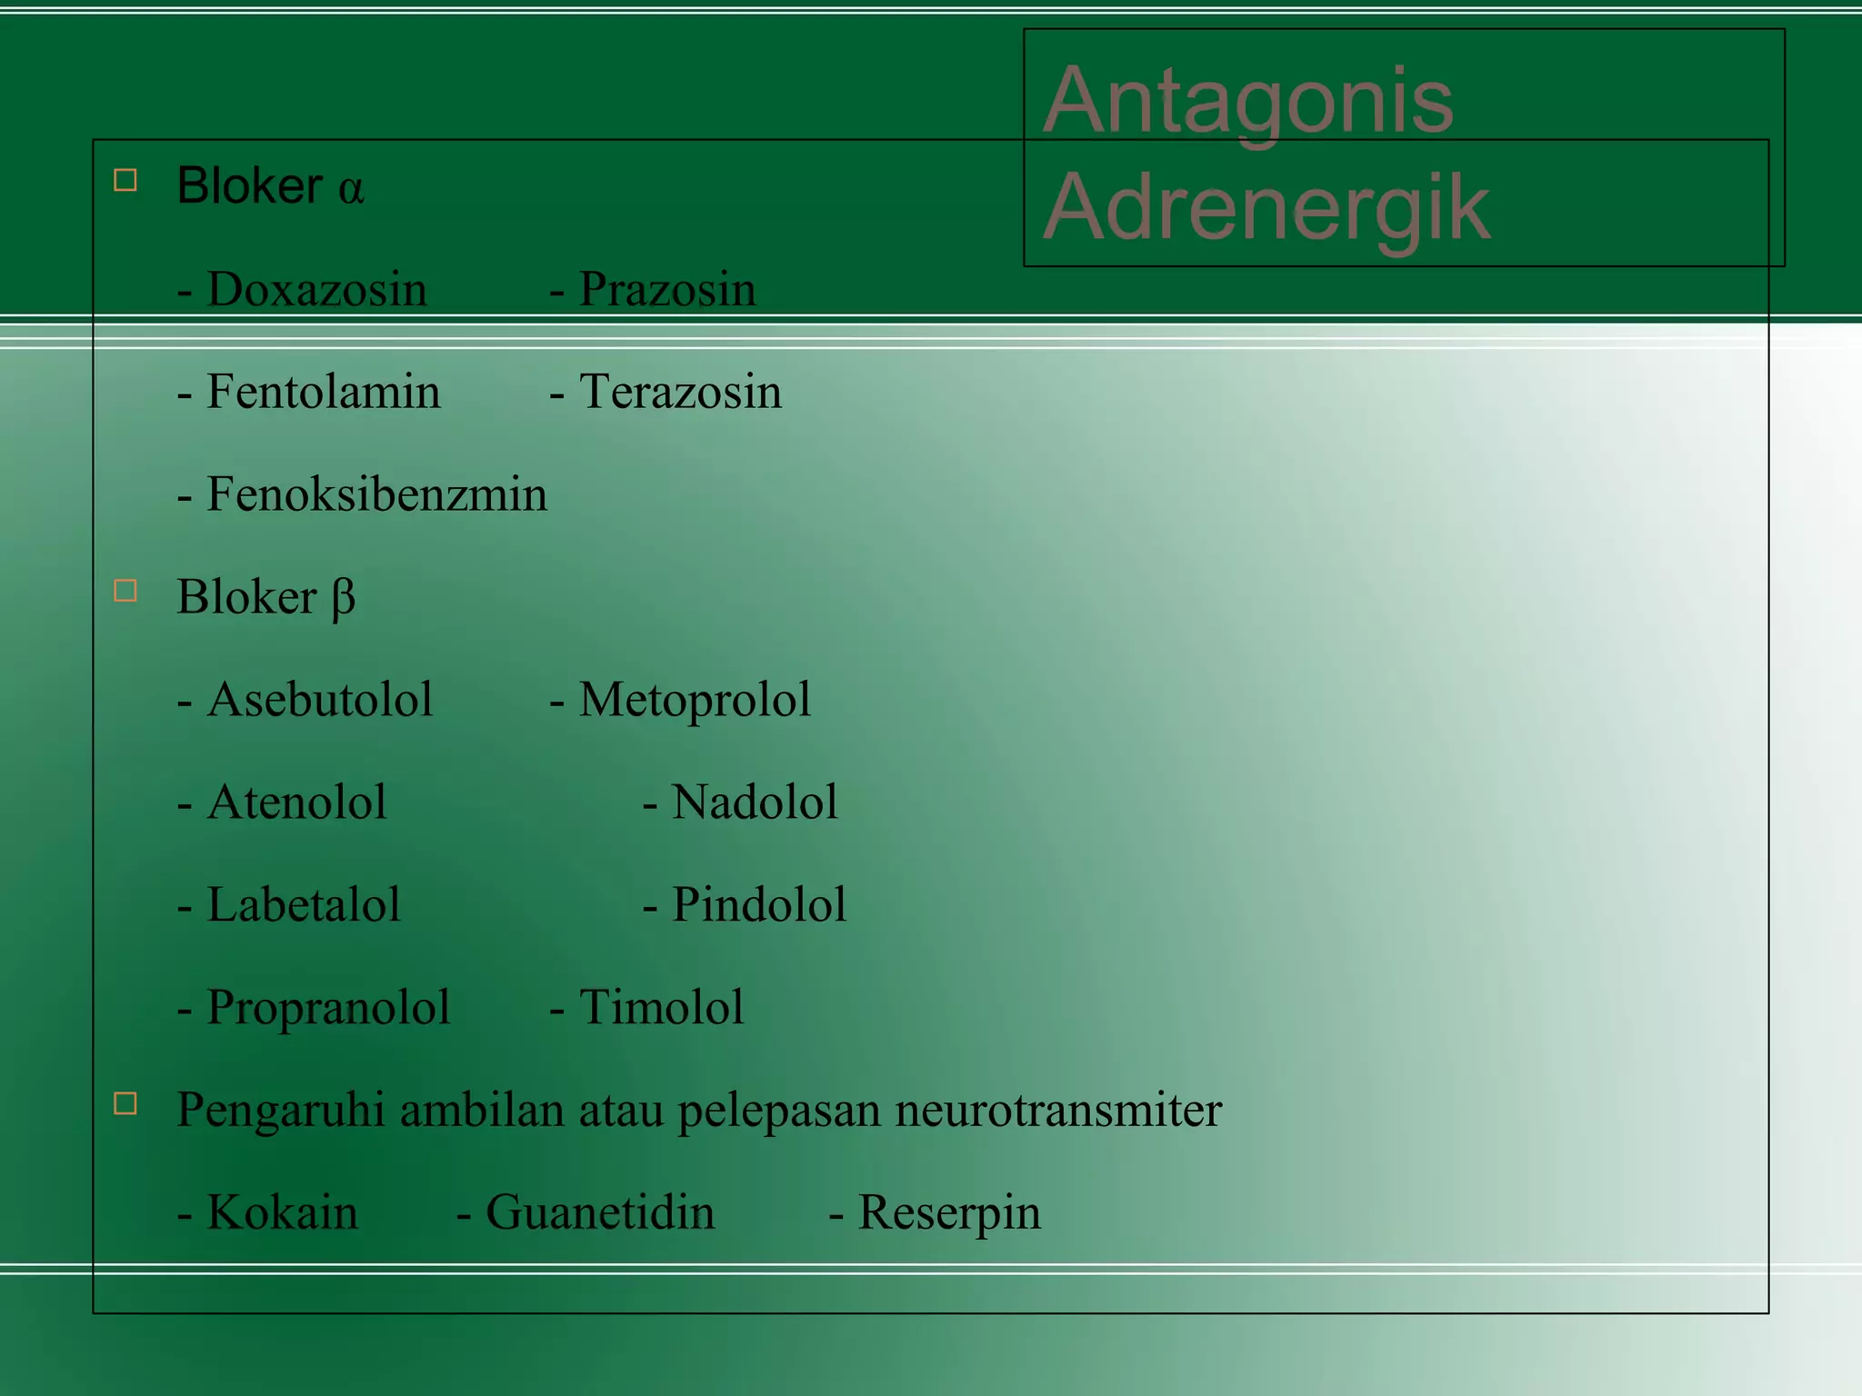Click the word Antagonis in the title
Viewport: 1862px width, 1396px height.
(x=1247, y=100)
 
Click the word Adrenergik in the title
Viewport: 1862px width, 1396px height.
(x=1266, y=207)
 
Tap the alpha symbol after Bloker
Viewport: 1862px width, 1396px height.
(x=351, y=188)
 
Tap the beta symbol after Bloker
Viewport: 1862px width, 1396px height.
(x=343, y=599)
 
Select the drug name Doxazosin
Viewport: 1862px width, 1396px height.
(x=316, y=290)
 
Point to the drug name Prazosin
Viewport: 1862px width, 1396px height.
(x=666, y=290)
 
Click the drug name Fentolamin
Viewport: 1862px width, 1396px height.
(x=323, y=393)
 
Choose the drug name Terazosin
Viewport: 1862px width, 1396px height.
(x=680, y=393)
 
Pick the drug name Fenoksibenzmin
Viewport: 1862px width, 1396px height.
(x=376, y=495)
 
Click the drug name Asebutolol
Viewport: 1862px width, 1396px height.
(x=319, y=701)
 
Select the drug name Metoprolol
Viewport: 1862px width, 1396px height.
(x=695, y=701)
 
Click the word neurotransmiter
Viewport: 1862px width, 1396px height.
(x=1058, y=1111)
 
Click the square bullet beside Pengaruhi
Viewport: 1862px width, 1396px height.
(x=125, y=1103)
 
